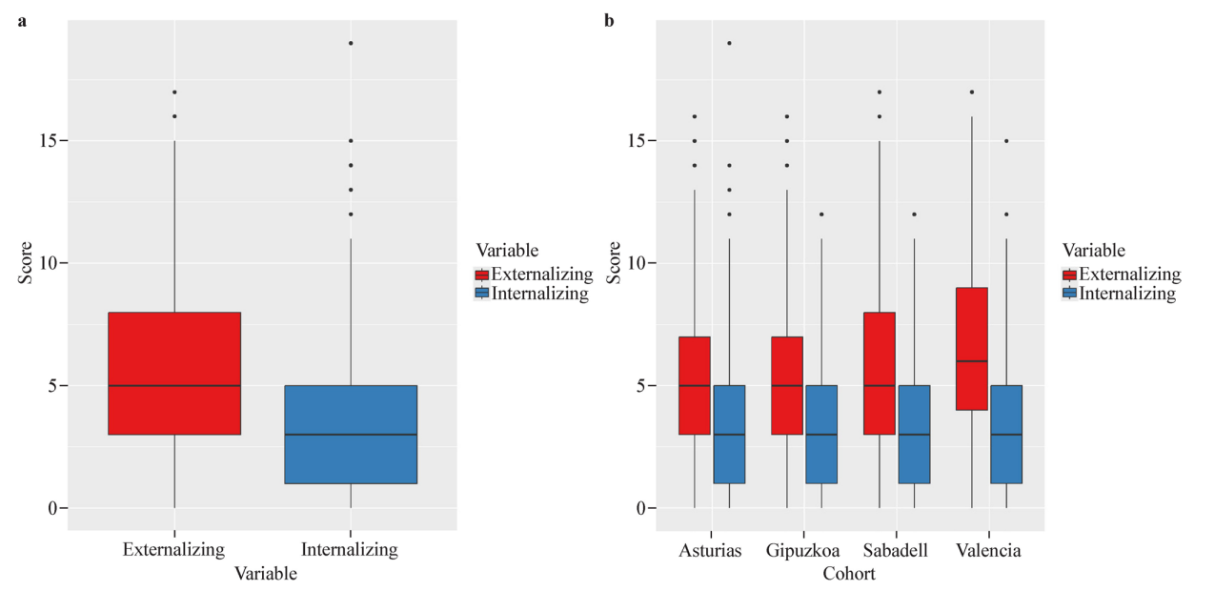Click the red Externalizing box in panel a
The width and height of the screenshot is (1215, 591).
point(174,373)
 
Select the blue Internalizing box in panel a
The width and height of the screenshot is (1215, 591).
point(351,435)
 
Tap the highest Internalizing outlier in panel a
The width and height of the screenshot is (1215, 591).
point(351,43)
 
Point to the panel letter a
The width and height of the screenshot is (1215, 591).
point(22,20)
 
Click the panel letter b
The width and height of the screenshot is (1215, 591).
point(610,20)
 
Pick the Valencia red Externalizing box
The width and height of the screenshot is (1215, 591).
point(971,348)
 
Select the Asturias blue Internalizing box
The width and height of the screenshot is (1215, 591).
point(729,435)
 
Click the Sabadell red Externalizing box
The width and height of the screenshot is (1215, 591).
point(880,373)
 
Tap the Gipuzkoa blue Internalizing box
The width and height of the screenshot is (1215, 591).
point(821,435)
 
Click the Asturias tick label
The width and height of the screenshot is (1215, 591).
point(711,551)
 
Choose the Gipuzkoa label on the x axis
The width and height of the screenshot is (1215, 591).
point(802,551)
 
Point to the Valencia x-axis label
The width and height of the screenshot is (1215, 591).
point(989,551)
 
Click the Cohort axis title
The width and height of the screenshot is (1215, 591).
point(849,574)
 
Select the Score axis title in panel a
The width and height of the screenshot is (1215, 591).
point(27,263)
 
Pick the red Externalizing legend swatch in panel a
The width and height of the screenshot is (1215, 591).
point(482,275)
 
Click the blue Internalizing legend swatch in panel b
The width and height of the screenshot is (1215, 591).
point(1069,294)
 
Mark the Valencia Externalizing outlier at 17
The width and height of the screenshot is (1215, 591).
point(971,92)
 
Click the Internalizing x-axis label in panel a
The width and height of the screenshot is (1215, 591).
point(349,550)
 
